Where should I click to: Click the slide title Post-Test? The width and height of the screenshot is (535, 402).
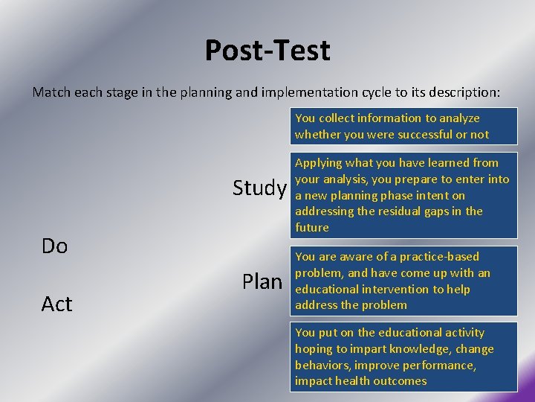267,51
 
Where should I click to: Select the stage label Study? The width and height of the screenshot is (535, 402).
259,188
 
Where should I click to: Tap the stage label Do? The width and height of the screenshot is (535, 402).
54,246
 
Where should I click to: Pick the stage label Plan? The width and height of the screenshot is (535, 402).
262,281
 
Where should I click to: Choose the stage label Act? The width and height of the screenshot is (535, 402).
56,304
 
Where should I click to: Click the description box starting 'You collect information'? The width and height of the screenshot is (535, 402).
403,126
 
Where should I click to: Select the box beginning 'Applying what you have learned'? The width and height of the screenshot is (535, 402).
403,194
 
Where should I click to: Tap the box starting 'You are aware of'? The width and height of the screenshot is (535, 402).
403,281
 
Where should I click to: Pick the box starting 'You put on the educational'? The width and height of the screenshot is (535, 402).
403,357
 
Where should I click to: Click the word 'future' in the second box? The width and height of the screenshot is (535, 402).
313,227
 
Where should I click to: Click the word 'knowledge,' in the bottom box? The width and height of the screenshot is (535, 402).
415,348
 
